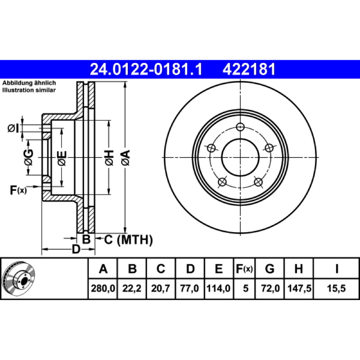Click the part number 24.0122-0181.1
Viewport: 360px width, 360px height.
coord(146,69)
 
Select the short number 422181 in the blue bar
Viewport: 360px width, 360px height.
coord(249,69)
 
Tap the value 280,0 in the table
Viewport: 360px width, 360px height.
coord(103,288)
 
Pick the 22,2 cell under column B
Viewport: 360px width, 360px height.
coord(132,288)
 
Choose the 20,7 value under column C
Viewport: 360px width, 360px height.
coord(161,288)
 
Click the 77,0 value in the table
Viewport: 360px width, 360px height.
coord(189,288)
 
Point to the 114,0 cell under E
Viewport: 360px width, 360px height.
coord(218,288)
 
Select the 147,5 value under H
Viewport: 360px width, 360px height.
coord(299,288)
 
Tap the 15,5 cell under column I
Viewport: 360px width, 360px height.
coord(336,288)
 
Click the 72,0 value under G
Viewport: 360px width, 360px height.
coord(270,288)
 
